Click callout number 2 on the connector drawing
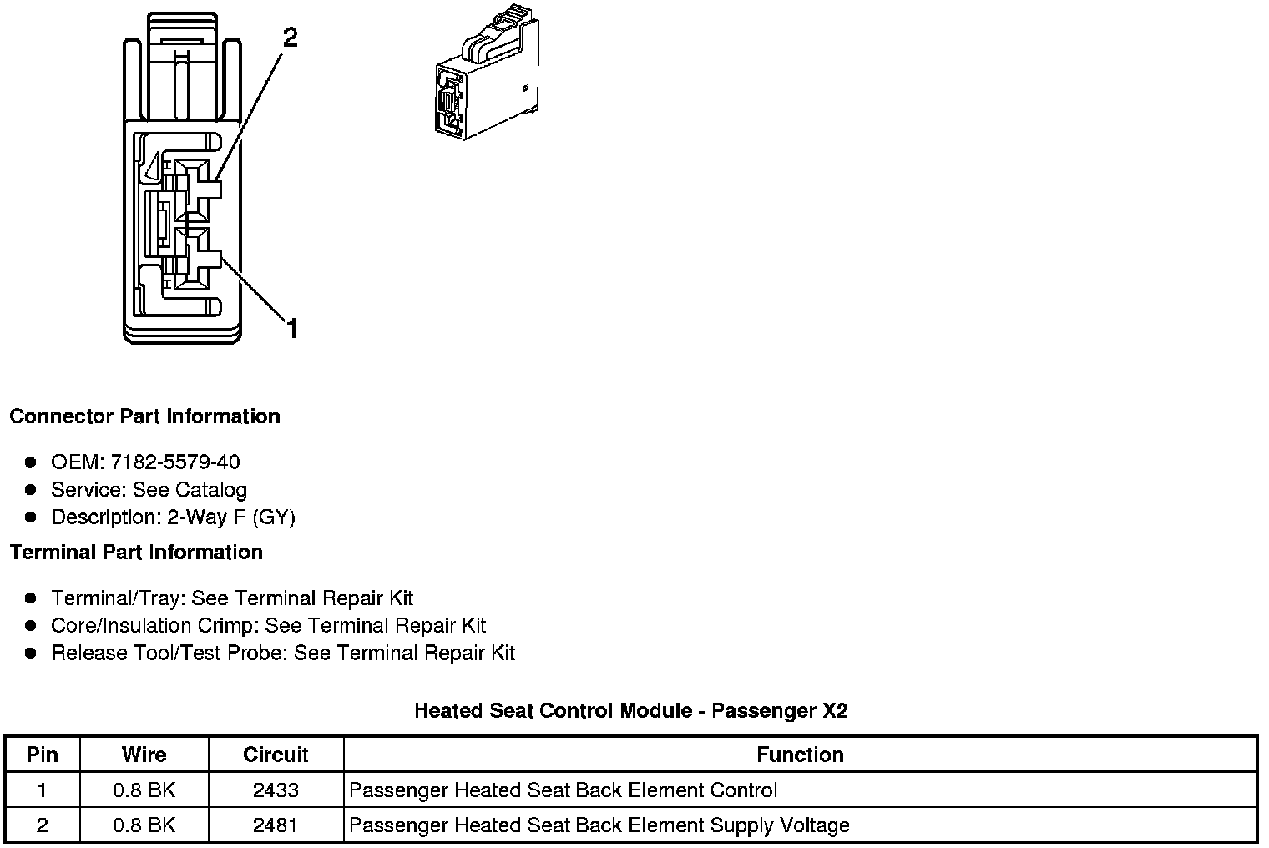pos(290,38)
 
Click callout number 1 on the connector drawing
pos(291,329)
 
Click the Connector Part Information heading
pos(144,416)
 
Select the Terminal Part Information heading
pos(136,552)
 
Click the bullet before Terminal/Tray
pos(31,598)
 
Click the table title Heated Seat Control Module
pos(631,710)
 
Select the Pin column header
pos(43,755)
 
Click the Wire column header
pos(144,755)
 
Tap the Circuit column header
pos(276,755)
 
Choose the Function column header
pos(800,755)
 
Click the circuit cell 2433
pos(276,790)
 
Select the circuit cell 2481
pos(276,825)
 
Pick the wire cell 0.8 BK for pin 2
pos(144,825)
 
